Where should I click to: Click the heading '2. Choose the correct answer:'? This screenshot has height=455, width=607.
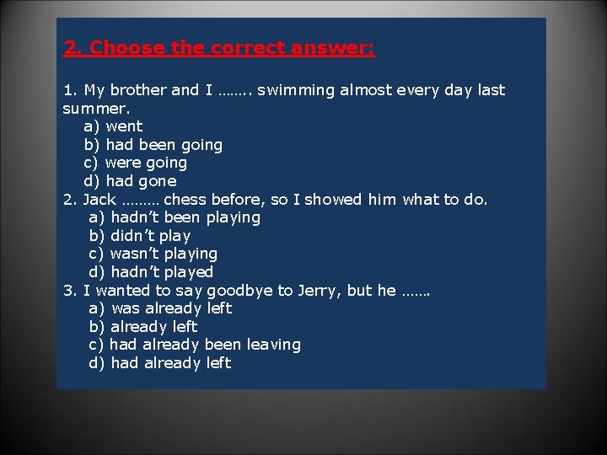[x=219, y=48]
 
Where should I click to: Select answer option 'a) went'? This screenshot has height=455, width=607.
[x=113, y=126]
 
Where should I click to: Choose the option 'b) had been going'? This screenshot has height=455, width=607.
[x=153, y=145]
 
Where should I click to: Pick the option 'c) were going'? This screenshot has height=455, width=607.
[x=135, y=163]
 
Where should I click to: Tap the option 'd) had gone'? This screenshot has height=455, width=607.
[x=130, y=181]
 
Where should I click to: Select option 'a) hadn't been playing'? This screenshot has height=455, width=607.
[x=175, y=217]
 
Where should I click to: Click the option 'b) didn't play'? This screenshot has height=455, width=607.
[x=139, y=236]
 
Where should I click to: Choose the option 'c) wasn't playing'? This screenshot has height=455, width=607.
[x=153, y=254]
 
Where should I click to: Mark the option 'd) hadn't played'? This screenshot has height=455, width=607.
[x=151, y=272]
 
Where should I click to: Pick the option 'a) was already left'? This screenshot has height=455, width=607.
[x=160, y=308]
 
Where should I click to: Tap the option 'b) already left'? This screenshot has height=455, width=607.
[x=142, y=327]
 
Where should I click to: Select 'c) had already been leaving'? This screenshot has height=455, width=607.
[x=194, y=345]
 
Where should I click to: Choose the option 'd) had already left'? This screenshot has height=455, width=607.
[x=159, y=363]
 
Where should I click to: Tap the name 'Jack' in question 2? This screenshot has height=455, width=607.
[x=99, y=200]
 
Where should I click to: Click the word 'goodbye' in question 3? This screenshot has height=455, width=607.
[x=244, y=291]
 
